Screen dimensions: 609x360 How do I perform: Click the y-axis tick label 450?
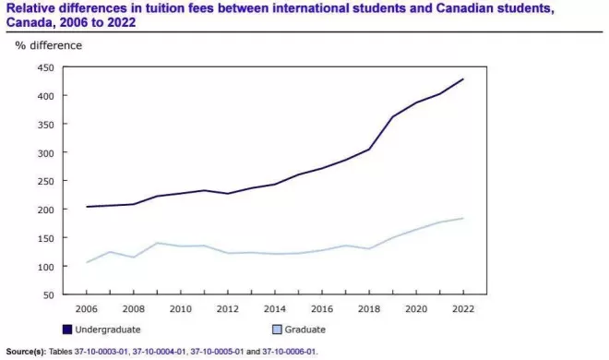coord(45,67)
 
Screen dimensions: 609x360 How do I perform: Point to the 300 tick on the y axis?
coord(45,152)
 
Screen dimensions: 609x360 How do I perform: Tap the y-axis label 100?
coord(45,267)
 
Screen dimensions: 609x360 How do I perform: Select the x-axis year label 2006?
coord(86,309)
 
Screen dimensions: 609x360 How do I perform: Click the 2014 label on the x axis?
coord(275,309)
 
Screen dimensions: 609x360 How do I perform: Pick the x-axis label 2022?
coord(463,309)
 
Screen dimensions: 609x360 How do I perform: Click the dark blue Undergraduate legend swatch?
coord(67,330)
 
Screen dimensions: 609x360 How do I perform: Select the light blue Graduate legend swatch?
coord(277,330)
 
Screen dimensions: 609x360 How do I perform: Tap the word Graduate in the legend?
coord(304,330)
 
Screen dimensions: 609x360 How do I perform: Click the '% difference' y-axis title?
coord(49,45)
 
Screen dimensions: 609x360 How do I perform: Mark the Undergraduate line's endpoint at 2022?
coord(463,79)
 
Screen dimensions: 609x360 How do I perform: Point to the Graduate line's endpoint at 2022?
coord(463,218)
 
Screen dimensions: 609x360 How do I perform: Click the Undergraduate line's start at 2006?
coord(86,207)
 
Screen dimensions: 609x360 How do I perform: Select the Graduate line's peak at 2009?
coord(157,243)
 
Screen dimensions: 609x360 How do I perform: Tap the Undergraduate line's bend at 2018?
coord(369,150)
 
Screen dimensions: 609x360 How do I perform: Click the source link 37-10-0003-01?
coord(101,352)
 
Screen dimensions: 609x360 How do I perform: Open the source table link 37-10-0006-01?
coord(289,352)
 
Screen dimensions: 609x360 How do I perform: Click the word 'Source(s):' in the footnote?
coord(26,352)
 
